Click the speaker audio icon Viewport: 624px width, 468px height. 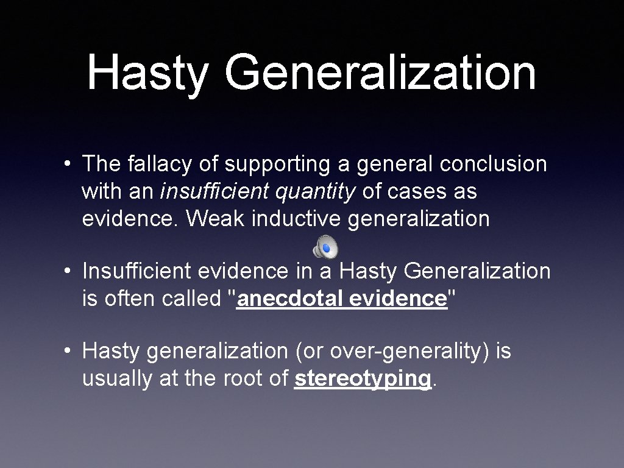click(x=325, y=247)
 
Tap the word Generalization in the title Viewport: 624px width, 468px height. click(x=380, y=73)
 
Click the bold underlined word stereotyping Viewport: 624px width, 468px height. click(x=363, y=379)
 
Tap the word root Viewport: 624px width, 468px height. click(x=250, y=379)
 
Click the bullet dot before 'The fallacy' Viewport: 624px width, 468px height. click(x=71, y=165)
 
